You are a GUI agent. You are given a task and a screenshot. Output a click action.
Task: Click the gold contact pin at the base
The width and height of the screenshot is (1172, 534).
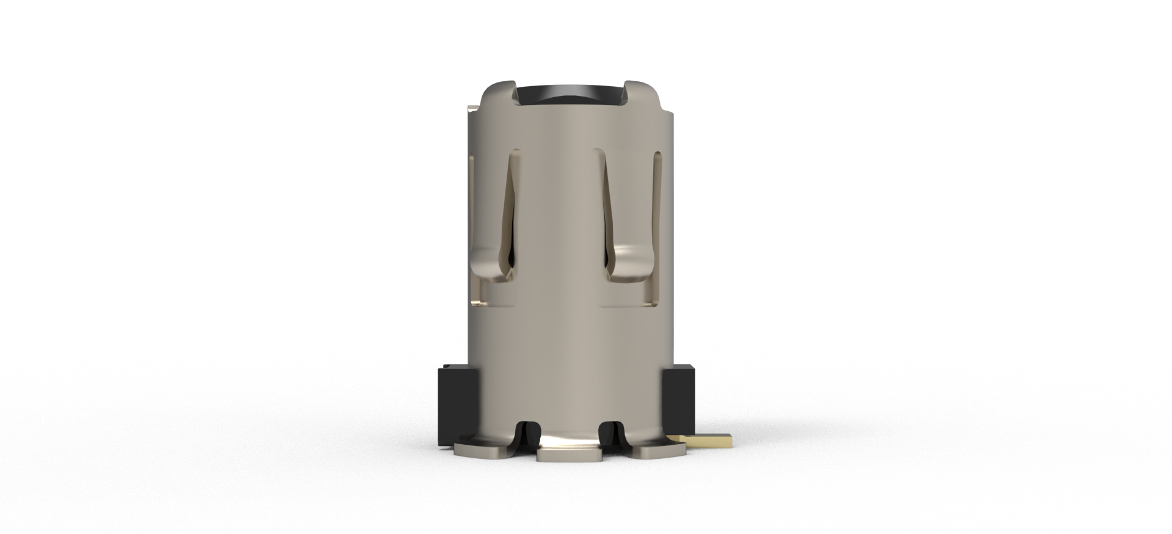(708, 440)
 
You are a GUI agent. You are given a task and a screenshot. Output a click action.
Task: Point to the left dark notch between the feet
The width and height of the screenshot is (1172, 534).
(529, 435)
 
